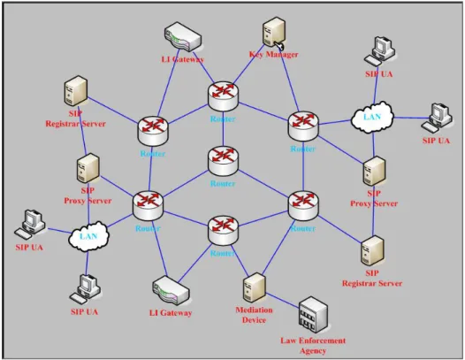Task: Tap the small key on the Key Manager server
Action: [x=279, y=45]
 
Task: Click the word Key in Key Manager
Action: [x=256, y=55]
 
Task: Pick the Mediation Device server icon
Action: [x=255, y=288]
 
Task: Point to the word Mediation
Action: [x=254, y=310]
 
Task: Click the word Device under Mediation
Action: [x=254, y=320]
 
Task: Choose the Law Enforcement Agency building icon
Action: [x=313, y=315]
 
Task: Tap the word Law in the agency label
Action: [x=288, y=341]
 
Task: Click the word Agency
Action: [x=313, y=351]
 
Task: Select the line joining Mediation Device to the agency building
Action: [x=283, y=301]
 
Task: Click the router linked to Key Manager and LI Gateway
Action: [x=223, y=96]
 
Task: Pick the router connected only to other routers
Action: [x=223, y=161]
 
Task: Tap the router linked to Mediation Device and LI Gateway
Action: [x=223, y=230]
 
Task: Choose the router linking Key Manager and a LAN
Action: [x=303, y=126]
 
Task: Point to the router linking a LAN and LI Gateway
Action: [x=148, y=205]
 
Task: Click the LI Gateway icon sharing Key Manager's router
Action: [x=183, y=36]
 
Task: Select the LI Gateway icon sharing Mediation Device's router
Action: [x=171, y=291]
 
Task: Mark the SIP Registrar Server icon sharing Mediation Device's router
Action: [x=372, y=251]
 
